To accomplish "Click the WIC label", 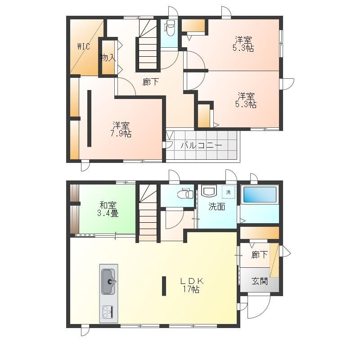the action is [x=84, y=47].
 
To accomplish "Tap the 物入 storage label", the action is [x=108, y=58].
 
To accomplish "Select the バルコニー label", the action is [x=201, y=145].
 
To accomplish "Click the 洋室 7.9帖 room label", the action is [x=121, y=130].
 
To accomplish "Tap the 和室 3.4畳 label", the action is [x=108, y=209].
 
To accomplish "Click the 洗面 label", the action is [x=217, y=207].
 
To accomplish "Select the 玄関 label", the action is [x=260, y=281].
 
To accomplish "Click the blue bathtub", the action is [x=260, y=195].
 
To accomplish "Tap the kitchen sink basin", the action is [x=108, y=282].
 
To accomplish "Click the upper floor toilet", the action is [x=170, y=28].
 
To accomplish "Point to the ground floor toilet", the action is [x=185, y=193].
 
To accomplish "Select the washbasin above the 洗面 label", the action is [x=209, y=191].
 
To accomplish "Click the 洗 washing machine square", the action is [x=229, y=192].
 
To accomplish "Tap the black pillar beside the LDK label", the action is [x=164, y=286].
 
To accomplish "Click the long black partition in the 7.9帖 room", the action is [x=89, y=118].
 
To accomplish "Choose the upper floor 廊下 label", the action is [x=150, y=82].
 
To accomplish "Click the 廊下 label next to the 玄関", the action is [x=260, y=255].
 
